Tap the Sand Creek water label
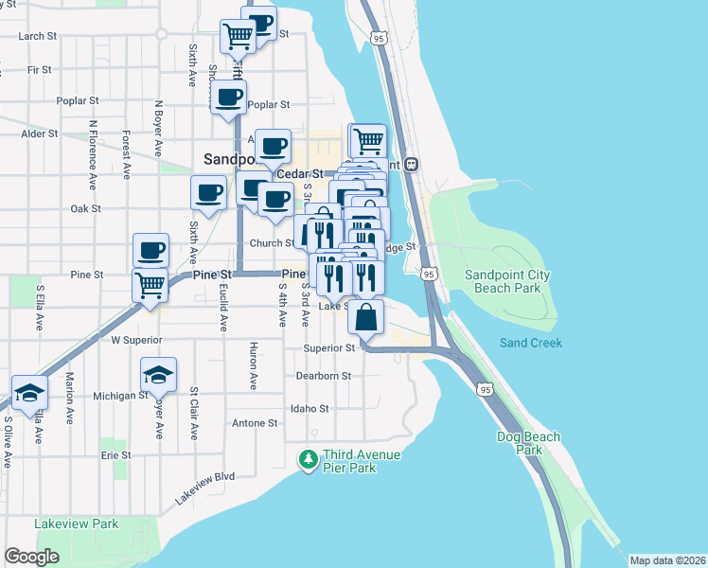click(531, 343)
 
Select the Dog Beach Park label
click(528, 443)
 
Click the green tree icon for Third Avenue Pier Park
click(308, 460)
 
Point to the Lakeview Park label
click(76, 524)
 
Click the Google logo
click(31, 557)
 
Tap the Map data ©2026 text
click(667, 560)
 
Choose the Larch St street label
click(38, 36)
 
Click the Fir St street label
click(40, 69)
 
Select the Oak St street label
click(85, 208)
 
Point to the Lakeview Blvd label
click(204, 489)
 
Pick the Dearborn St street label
click(324, 376)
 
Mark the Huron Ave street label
click(253, 366)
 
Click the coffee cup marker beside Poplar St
click(228, 97)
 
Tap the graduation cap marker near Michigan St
click(158, 374)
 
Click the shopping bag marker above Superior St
click(366, 316)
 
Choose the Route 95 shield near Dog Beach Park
click(486, 388)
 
